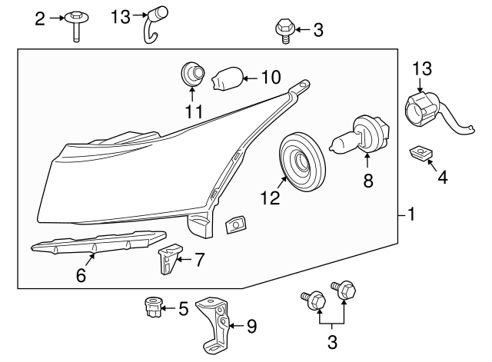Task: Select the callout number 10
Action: click(x=271, y=77)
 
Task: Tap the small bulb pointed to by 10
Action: click(x=228, y=78)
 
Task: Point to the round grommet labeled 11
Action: click(x=193, y=74)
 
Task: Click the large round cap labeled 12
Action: click(x=302, y=162)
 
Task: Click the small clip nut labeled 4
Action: click(x=421, y=153)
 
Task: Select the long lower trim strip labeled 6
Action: click(x=98, y=241)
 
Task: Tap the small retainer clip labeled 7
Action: click(x=170, y=258)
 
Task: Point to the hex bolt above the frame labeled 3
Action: click(x=285, y=31)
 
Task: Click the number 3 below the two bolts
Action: click(x=332, y=342)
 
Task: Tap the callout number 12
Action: click(x=270, y=198)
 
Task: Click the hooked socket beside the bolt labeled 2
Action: click(x=154, y=24)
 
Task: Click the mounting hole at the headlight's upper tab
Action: click(x=303, y=85)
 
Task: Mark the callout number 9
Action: click(x=251, y=326)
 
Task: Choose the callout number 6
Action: click(x=81, y=276)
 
